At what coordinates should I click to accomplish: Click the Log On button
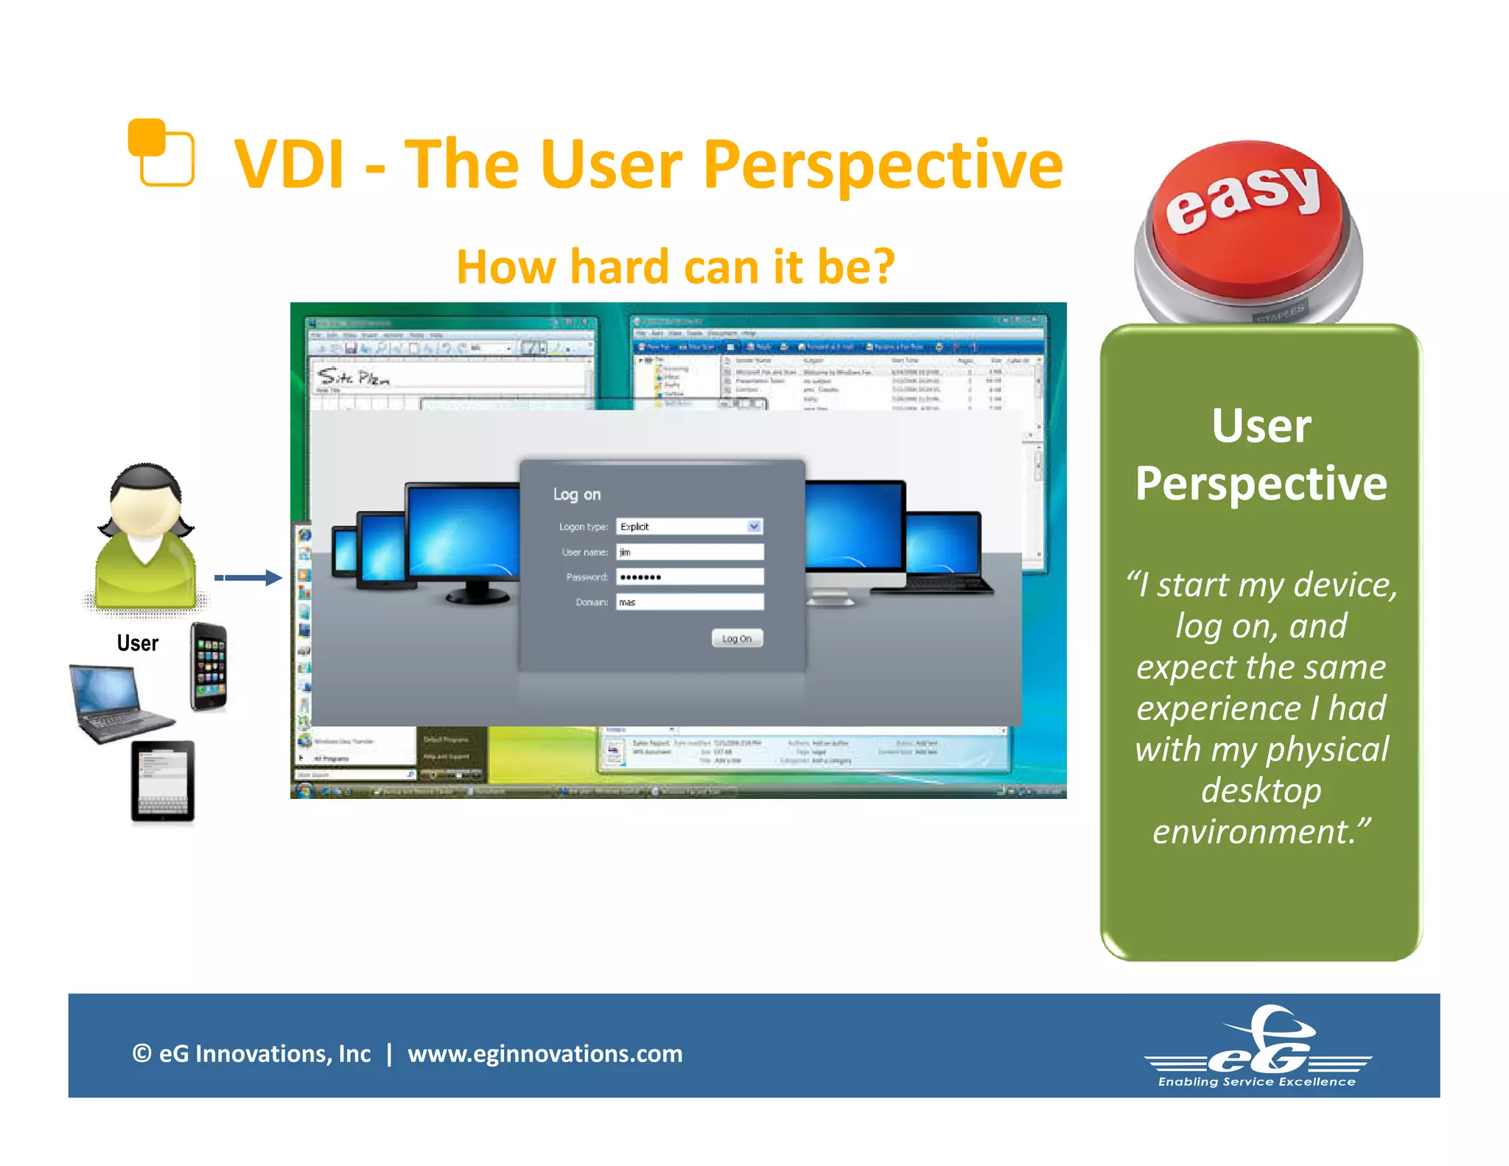[x=737, y=638]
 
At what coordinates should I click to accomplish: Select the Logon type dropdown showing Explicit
[x=689, y=526]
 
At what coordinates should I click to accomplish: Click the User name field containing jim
[x=689, y=552]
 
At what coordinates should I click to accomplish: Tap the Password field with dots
[x=689, y=577]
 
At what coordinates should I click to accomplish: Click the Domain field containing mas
[x=689, y=602]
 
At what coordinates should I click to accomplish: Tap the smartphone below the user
[x=209, y=667]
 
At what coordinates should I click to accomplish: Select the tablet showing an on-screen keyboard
[x=163, y=781]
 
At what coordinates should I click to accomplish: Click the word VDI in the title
[x=290, y=165]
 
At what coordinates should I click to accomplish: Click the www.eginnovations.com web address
[x=545, y=1054]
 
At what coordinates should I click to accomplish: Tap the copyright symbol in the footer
[x=141, y=1054]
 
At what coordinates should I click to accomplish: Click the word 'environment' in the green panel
[x=1253, y=832]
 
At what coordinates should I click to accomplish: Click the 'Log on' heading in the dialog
[x=577, y=495]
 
